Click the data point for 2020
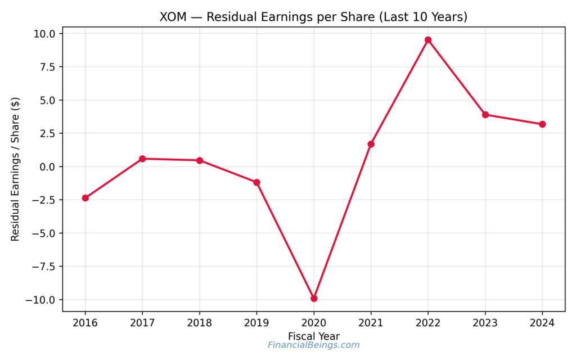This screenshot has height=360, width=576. point(314,298)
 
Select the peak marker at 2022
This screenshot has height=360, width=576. point(428,40)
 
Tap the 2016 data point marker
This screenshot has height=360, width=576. point(85,198)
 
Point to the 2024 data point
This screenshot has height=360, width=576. point(542,124)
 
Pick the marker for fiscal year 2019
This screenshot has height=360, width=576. point(256,182)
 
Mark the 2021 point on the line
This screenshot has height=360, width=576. point(371,144)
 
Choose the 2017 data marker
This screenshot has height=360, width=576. point(142,159)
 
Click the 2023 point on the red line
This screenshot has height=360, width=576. point(485,115)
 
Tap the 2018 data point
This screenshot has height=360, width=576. point(200,160)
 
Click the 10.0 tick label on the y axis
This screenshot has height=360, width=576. point(44,34)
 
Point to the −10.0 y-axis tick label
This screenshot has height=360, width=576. point(40,300)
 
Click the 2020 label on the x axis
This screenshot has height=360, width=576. point(314,323)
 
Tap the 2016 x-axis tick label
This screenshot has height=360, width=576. point(85,323)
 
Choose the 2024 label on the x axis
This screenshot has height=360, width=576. point(542,323)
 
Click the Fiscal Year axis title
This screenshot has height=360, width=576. point(314,336)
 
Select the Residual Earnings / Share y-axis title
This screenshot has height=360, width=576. point(15,169)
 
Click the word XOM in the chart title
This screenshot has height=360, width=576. point(172,17)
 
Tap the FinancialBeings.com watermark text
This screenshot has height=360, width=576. point(313,345)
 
